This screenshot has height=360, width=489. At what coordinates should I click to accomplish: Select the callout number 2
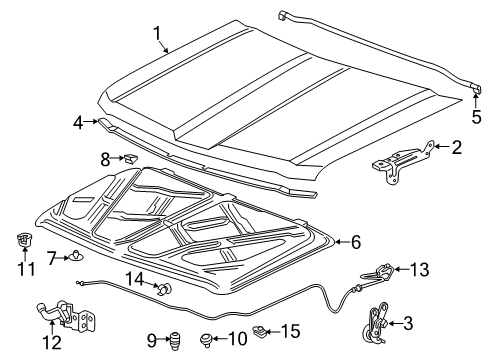pos(455,149)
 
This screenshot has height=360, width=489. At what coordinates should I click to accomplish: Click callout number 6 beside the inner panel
pos(355,241)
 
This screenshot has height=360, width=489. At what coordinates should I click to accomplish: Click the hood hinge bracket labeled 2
pos(402,159)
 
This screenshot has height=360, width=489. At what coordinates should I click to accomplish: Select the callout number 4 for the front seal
pos(77,124)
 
